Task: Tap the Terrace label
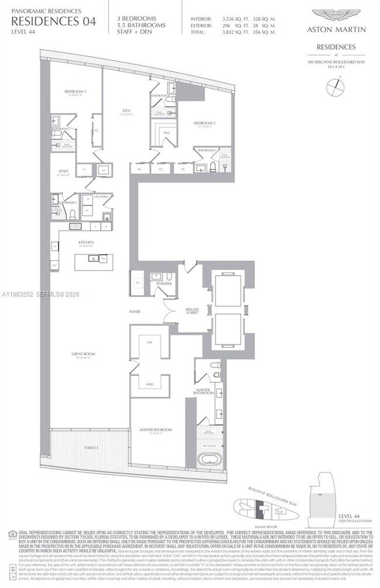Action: click(x=91, y=448)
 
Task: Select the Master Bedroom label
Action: click(x=156, y=430)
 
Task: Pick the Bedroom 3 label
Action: click(x=76, y=92)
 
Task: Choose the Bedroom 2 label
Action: click(x=205, y=123)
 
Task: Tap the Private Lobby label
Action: click(x=192, y=311)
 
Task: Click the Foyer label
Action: click(x=134, y=312)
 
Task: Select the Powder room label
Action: click(x=164, y=283)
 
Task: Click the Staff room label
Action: click(x=64, y=171)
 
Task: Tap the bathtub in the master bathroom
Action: click(x=209, y=458)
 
